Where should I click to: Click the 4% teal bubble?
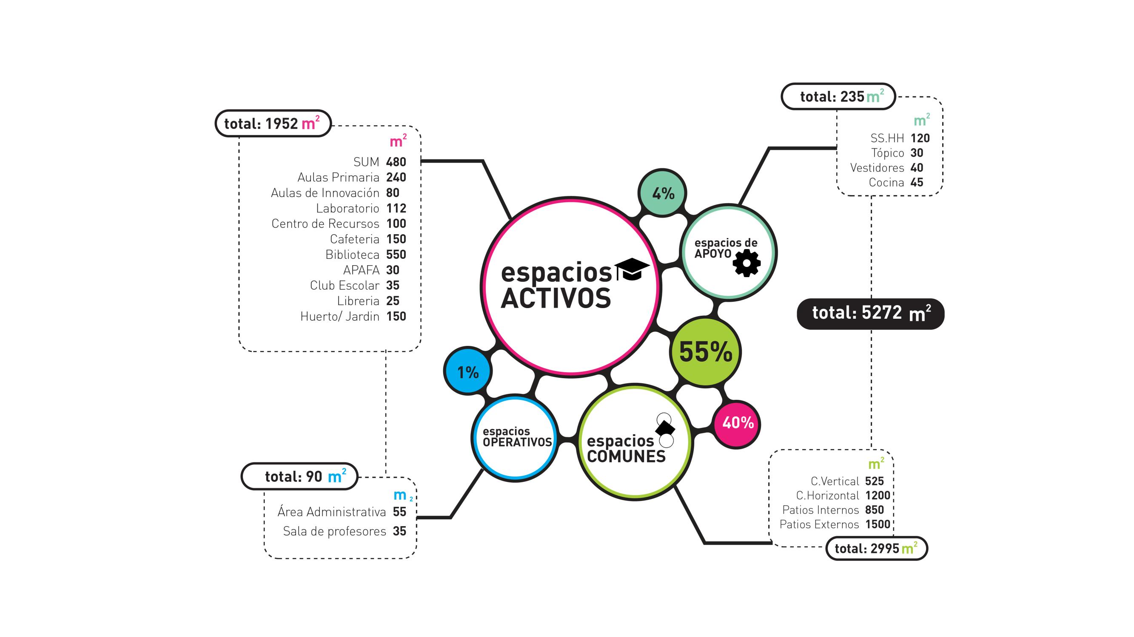click(662, 193)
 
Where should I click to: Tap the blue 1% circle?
click(467, 372)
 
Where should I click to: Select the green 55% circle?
click(705, 352)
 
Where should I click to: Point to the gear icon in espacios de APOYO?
click(747, 263)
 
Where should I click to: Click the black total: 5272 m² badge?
click(870, 314)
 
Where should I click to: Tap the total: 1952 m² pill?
click(273, 124)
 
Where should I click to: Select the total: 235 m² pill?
click(838, 96)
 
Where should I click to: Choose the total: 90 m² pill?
click(299, 476)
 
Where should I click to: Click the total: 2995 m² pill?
click(877, 548)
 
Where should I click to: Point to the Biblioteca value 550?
click(396, 255)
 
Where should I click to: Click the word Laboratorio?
click(348, 208)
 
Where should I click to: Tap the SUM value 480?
click(396, 162)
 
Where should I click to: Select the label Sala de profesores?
click(335, 532)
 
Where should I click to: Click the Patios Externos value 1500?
click(878, 524)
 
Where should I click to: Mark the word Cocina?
click(886, 183)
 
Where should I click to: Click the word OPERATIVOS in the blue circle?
click(517, 442)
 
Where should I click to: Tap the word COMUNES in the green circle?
click(626, 456)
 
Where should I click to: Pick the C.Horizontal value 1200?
click(878, 496)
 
